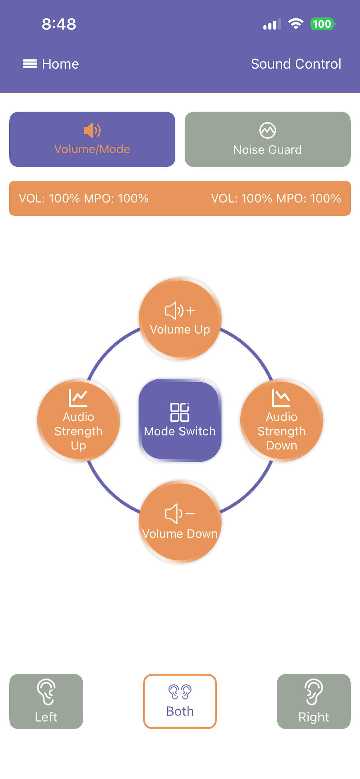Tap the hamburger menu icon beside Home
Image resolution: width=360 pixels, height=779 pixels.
click(x=30, y=64)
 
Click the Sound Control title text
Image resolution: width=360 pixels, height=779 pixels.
click(x=296, y=64)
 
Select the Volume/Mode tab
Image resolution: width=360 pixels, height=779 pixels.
click(x=92, y=139)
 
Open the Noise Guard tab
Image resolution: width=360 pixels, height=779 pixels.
click(x=268, y=139)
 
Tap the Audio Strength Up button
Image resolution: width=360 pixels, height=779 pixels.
click(x=78, y=420)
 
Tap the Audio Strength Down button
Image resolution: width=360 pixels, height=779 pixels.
click(x=282, y=420)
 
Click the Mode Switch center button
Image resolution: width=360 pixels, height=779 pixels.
click(x=180, y=420)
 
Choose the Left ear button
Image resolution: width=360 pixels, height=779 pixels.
click(x=46, y=701)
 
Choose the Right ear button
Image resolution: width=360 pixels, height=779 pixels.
click(x=314, y=701)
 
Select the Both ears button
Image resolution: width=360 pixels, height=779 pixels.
click(x=180, y=701)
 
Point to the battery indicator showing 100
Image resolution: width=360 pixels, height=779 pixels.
click(x=323, y=24)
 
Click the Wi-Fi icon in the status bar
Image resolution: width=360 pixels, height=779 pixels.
click(x=296, y=24)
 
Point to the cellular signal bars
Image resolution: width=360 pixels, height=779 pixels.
click(x=272, y=24)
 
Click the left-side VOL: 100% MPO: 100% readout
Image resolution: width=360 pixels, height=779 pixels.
click(x=84, y=199)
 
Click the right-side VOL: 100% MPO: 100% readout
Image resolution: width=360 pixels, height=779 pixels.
click(x=276, y=199)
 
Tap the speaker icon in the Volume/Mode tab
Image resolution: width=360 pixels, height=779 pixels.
click(x=92, y=130)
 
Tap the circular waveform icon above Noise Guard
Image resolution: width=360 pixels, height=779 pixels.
click(x=268, y=130)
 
